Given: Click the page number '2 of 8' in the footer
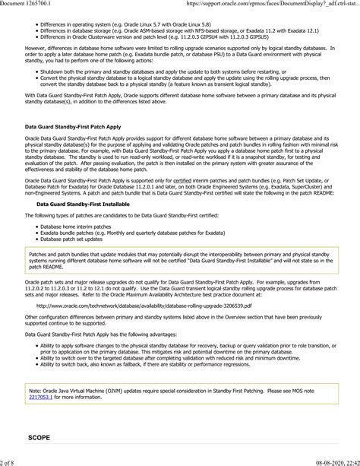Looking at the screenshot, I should pos(11,461).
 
